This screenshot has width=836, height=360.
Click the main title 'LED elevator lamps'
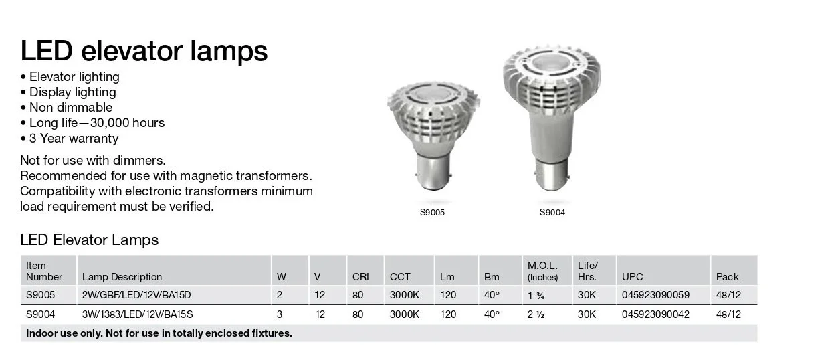pyautogui.click(x=144, y=50)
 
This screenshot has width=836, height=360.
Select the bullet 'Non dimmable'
pyautogui.click(x=70, y=108)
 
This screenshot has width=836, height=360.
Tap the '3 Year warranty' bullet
pyautogui.click(x=74, y=139)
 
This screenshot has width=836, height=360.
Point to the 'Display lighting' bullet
pyautogui.click(x=72, y=92)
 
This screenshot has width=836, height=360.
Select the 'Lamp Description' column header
pyautogui.click(x=122, y=277)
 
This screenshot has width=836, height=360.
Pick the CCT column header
pyautogui.click(x=400, y=277)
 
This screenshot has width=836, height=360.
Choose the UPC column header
pyautogui.click(x=633, y=277)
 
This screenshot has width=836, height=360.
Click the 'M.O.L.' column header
pyautogui.click(x=542, y=266)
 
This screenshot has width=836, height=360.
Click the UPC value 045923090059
pyautogui.click(x=655, y=295)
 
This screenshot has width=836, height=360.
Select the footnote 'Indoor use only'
pyautogui.click(x=159, y=333)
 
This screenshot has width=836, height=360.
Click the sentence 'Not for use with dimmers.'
pyautogui.click(x=93, y=161)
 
